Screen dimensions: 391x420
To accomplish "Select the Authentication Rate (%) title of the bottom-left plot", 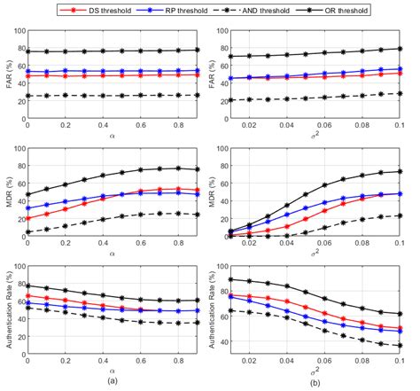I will tap(8, 318).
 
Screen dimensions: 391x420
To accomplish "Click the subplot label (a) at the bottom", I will tap(110, 380).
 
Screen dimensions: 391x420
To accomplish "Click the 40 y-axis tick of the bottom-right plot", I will tap(227, 340).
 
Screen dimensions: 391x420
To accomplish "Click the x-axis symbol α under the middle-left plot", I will tap(110, 260).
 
